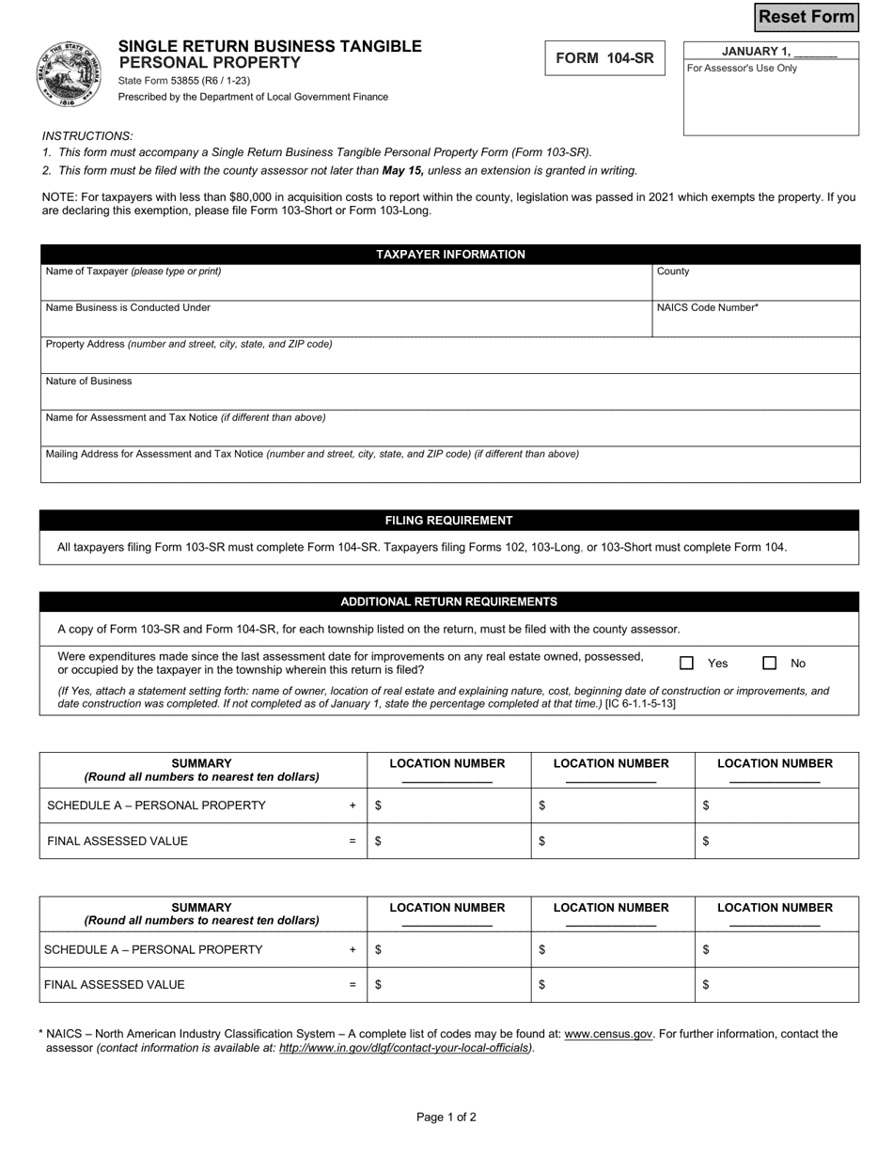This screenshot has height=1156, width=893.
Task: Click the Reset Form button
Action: click(x=807, y=17)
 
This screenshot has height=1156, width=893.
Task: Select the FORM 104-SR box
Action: click(x=604, y=58)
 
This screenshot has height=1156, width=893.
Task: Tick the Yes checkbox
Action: click(x=686, y=664)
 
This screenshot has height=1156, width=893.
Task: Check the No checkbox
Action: click(x=769, y=664)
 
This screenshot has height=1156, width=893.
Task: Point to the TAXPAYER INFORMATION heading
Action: click(x=450, y=255)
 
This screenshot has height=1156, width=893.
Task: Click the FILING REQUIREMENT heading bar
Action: click(x=449, y=521)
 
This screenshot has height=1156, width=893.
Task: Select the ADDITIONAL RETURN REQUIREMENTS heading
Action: click(x=449, y=602)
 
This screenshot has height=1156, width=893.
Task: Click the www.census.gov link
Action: click(x=608, y=1034)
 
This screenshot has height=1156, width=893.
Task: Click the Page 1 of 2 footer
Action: click(x=446, y=1117)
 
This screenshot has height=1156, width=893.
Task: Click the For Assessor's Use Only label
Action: click(x=743, y=69)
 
